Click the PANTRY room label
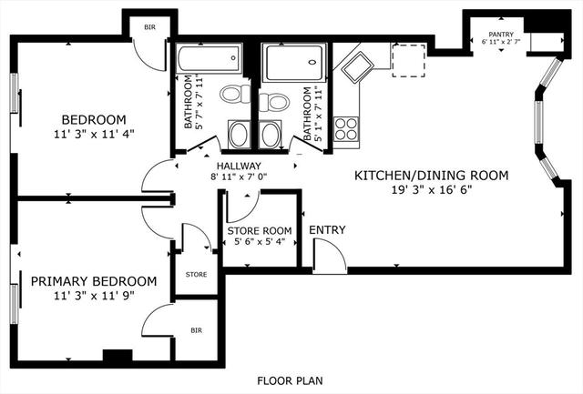[x=501, y=35]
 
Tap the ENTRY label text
[x=327, y=230]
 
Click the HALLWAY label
[x=239, y=166]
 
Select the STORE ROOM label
[x=259, y=230]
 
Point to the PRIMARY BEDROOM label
[x=94, y=281]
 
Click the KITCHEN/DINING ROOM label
[x=431, y=176]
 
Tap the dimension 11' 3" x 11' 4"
[x=94, y=134]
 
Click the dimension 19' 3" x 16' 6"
[x=432, y=190]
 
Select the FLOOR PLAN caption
[x=290, y=380]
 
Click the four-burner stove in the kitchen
[x=346, y=129]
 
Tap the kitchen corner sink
[x=357, y=67]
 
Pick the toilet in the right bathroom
[x=274, y=102]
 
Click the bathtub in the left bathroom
[x=210, y=58]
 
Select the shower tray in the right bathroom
[x=294, y=63]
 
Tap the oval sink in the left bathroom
[x=239, y=135]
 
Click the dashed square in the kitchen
[x=409, y=61]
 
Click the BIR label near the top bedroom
[x=149, y=27]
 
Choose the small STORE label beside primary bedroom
[x=197, y=275]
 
